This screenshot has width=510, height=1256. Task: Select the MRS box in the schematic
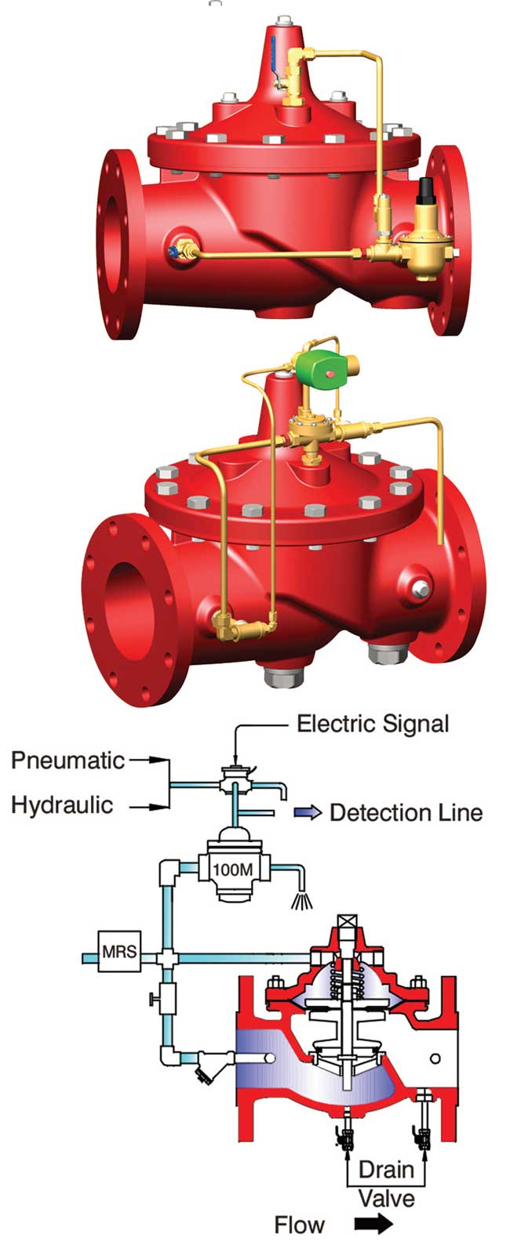coord(119,953)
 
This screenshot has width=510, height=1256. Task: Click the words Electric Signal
coord(373,723)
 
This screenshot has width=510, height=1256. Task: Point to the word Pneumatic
coord(67,760)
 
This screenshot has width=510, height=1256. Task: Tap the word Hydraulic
coord(62,805)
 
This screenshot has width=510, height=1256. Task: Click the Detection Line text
coord(406,812)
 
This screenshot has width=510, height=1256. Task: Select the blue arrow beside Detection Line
coord(308,812)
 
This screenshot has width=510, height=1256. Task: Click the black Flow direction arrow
coord(373,1224)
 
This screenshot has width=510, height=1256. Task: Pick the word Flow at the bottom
coord(299,1224)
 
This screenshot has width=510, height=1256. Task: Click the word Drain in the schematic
coord(385,1171)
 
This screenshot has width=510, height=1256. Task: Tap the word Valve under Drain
coord(386,1197)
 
